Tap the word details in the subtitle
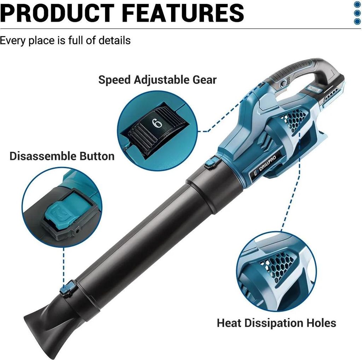click(x=115, y=40)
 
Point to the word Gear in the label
click(x=205, y=80)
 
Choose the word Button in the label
click(x=97, y=156)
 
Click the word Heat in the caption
click(x=229, y=323)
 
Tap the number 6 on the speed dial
click(x=157, y=123)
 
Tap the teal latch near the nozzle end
click(x=68, y=288)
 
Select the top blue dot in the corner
click(x=357, y=5)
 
